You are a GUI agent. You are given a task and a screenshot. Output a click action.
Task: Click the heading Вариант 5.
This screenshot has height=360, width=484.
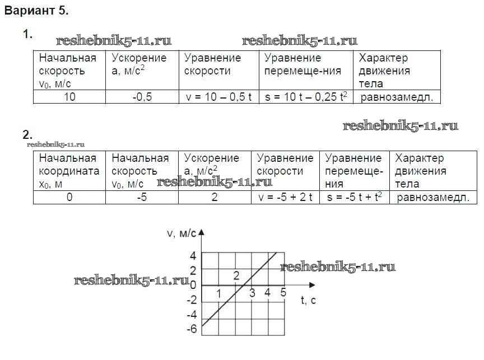[x=36, y=11]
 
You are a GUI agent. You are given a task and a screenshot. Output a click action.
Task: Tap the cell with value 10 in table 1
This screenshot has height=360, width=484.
[x=69, y=97]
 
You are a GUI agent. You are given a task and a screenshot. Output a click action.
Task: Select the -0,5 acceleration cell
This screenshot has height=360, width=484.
[x=142, y=97]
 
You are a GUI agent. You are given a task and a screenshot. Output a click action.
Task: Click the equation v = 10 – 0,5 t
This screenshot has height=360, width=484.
[x=218, y=97]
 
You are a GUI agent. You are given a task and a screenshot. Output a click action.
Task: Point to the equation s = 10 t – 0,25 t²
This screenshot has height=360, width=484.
[x=306, y=97]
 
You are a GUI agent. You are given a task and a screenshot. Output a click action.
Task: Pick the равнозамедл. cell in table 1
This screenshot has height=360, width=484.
[x=397, y=97]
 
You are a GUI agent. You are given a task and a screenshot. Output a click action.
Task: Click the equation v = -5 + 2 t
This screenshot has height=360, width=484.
[x=285, y=197]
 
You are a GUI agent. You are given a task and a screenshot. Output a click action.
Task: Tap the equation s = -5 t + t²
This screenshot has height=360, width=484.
[x=355, y=197]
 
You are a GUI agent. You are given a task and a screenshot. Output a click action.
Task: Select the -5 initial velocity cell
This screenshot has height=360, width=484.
[x=142, y=197]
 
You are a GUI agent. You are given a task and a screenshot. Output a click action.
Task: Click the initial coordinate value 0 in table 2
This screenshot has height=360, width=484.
[x=69, y=197]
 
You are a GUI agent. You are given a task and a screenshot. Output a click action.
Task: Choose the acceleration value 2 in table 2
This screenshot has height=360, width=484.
[x=215, y=197]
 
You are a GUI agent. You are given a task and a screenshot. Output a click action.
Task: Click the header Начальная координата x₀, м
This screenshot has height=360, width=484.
[x=69, y=171]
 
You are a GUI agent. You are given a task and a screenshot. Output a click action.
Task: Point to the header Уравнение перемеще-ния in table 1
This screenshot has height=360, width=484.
[x=302, y=64]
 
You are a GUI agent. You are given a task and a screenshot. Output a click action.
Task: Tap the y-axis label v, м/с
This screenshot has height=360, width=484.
[x=182, y=233]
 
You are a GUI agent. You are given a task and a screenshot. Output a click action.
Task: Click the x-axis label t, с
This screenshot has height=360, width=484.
[x=308, y=300]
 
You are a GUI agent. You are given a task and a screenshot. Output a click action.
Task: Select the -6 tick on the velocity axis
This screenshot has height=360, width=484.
[x=192, y=329]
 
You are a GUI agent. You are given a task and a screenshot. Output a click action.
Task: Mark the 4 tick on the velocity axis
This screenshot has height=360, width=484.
[x=193, y=256]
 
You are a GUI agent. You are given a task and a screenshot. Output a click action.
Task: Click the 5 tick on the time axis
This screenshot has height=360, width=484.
[x=283, y=292]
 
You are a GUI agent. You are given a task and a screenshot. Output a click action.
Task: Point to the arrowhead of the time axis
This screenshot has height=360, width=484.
[x=313, y=285]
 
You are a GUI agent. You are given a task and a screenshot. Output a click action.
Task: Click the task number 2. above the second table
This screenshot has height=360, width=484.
[x=27, y=134]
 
